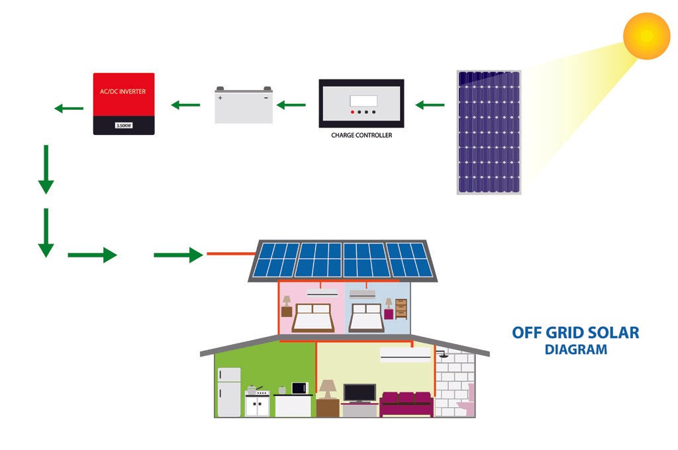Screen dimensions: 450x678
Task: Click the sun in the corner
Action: coord(647,36)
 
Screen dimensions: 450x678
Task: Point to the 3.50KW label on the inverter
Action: coord(124,125)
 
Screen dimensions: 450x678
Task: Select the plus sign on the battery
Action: coord(220,97)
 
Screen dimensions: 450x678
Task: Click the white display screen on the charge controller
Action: coord(363,101)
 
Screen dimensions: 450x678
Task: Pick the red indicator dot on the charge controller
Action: coord(352,112)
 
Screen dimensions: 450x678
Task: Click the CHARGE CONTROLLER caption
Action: coord(362,135)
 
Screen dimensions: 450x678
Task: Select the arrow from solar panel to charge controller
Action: coord(430,104)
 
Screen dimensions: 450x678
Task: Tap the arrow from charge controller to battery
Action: coord(291,104)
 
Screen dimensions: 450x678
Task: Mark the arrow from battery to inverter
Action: coord(185,104)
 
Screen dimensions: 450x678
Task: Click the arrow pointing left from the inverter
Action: coord(68,108)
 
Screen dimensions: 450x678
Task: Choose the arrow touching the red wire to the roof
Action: coord(178,254)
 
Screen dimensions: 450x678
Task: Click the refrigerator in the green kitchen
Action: coord(229,391)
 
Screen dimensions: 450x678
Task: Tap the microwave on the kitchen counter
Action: coord(301,388)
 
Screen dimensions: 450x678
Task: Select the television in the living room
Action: coord(360,392)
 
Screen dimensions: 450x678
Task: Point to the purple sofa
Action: coord(406,402)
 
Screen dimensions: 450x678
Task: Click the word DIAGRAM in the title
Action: coord(575,349)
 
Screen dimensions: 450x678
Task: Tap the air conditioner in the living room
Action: coord(404,355)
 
